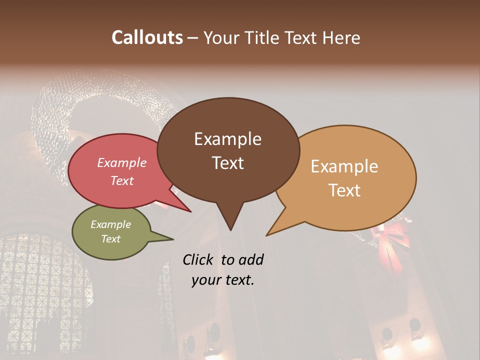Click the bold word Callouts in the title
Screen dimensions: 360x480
click(x=147, y=37)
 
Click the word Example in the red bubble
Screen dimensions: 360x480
click(x=122, y=162)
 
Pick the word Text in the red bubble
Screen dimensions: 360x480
click(x=122, y=180)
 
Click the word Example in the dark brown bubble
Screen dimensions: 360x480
click(x=227, y=139)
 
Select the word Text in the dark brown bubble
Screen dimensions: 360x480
click(x=227, y=163)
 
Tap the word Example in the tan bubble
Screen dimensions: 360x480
click(x=344, y=166)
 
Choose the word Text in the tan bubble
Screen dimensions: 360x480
click(x=344, y=190)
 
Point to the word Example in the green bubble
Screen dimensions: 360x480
click(x=111, y=224)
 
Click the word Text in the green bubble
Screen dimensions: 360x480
click(x=111, y=239)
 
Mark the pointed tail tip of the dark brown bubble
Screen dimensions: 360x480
click(x=230, y=229)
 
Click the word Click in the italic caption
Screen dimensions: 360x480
click(x=199, y=259)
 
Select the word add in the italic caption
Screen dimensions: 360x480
click(x=251, y=259)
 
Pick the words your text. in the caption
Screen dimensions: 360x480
click(x=223, y=280)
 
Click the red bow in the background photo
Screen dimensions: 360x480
click(x=390, y=240)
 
